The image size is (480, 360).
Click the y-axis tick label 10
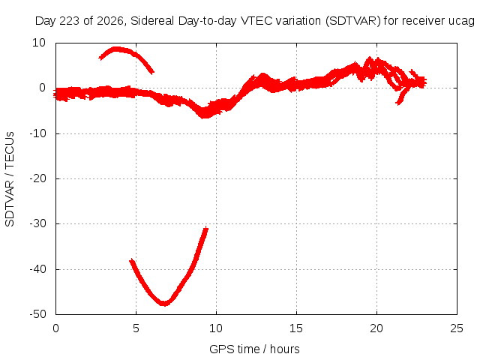pyautogui.click(x=39, y=43)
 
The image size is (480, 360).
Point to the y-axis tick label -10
pyautogui.click(x=37, y=133)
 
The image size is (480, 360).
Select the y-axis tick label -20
pyautogui.click(x=37, y=178)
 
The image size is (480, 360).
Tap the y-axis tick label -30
pyautogui.click(x=37, y=223)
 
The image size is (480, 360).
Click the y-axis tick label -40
pyautogui.click(x=37, y=269)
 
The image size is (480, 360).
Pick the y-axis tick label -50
pyautogui.click(x=37, y=314)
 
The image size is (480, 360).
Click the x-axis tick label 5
pyautogui.click(x=136, y=328)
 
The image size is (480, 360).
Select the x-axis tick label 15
pyautogui.click(x=296, y=328)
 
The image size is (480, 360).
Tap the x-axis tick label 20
pyautogui.click(x=376, y=328)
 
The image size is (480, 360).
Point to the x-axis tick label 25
pyautogui.click(x=457, y=328)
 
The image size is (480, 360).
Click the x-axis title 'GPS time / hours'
pyautogui.click(x=254, y=349)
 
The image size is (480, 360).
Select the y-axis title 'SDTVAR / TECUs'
pyautogui.click(x=10, y=179)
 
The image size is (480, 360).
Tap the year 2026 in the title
pyautogui.click(x=110, y=21)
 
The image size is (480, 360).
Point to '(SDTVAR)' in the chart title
pyautogui.click(x=353, y=21)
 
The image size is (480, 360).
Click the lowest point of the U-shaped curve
pyautogui.click(x=164, y=304)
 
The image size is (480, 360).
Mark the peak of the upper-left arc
pyautogui.click(x=116, y=49)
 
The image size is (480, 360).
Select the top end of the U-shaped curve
pyautogui.click(x=207, y=227)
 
